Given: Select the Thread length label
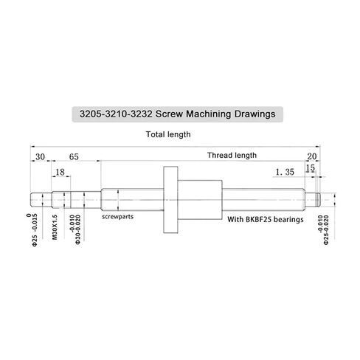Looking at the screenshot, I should pyautogui.click(x=232, y=156).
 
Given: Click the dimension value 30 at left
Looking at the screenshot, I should pyautogui.click(x=39, y=156).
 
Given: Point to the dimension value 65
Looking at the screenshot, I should pyautogui.click(x=75, y=156).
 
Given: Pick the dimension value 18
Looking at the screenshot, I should pyautogui.click(x=61, y=172).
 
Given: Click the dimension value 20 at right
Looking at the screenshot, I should pyautogui.click(x=311, y=156).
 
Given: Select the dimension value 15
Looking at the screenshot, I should pyautogui.click(x=311, y=168).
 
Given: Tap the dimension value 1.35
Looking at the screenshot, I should pyautogui.click(x=284, y=173).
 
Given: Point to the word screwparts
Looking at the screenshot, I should pyautogui.click(x=118, y=219).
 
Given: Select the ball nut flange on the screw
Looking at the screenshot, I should pyautogui.click(x=169, y=198).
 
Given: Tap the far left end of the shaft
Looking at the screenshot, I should pyautogui.click(x=33, y=198).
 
